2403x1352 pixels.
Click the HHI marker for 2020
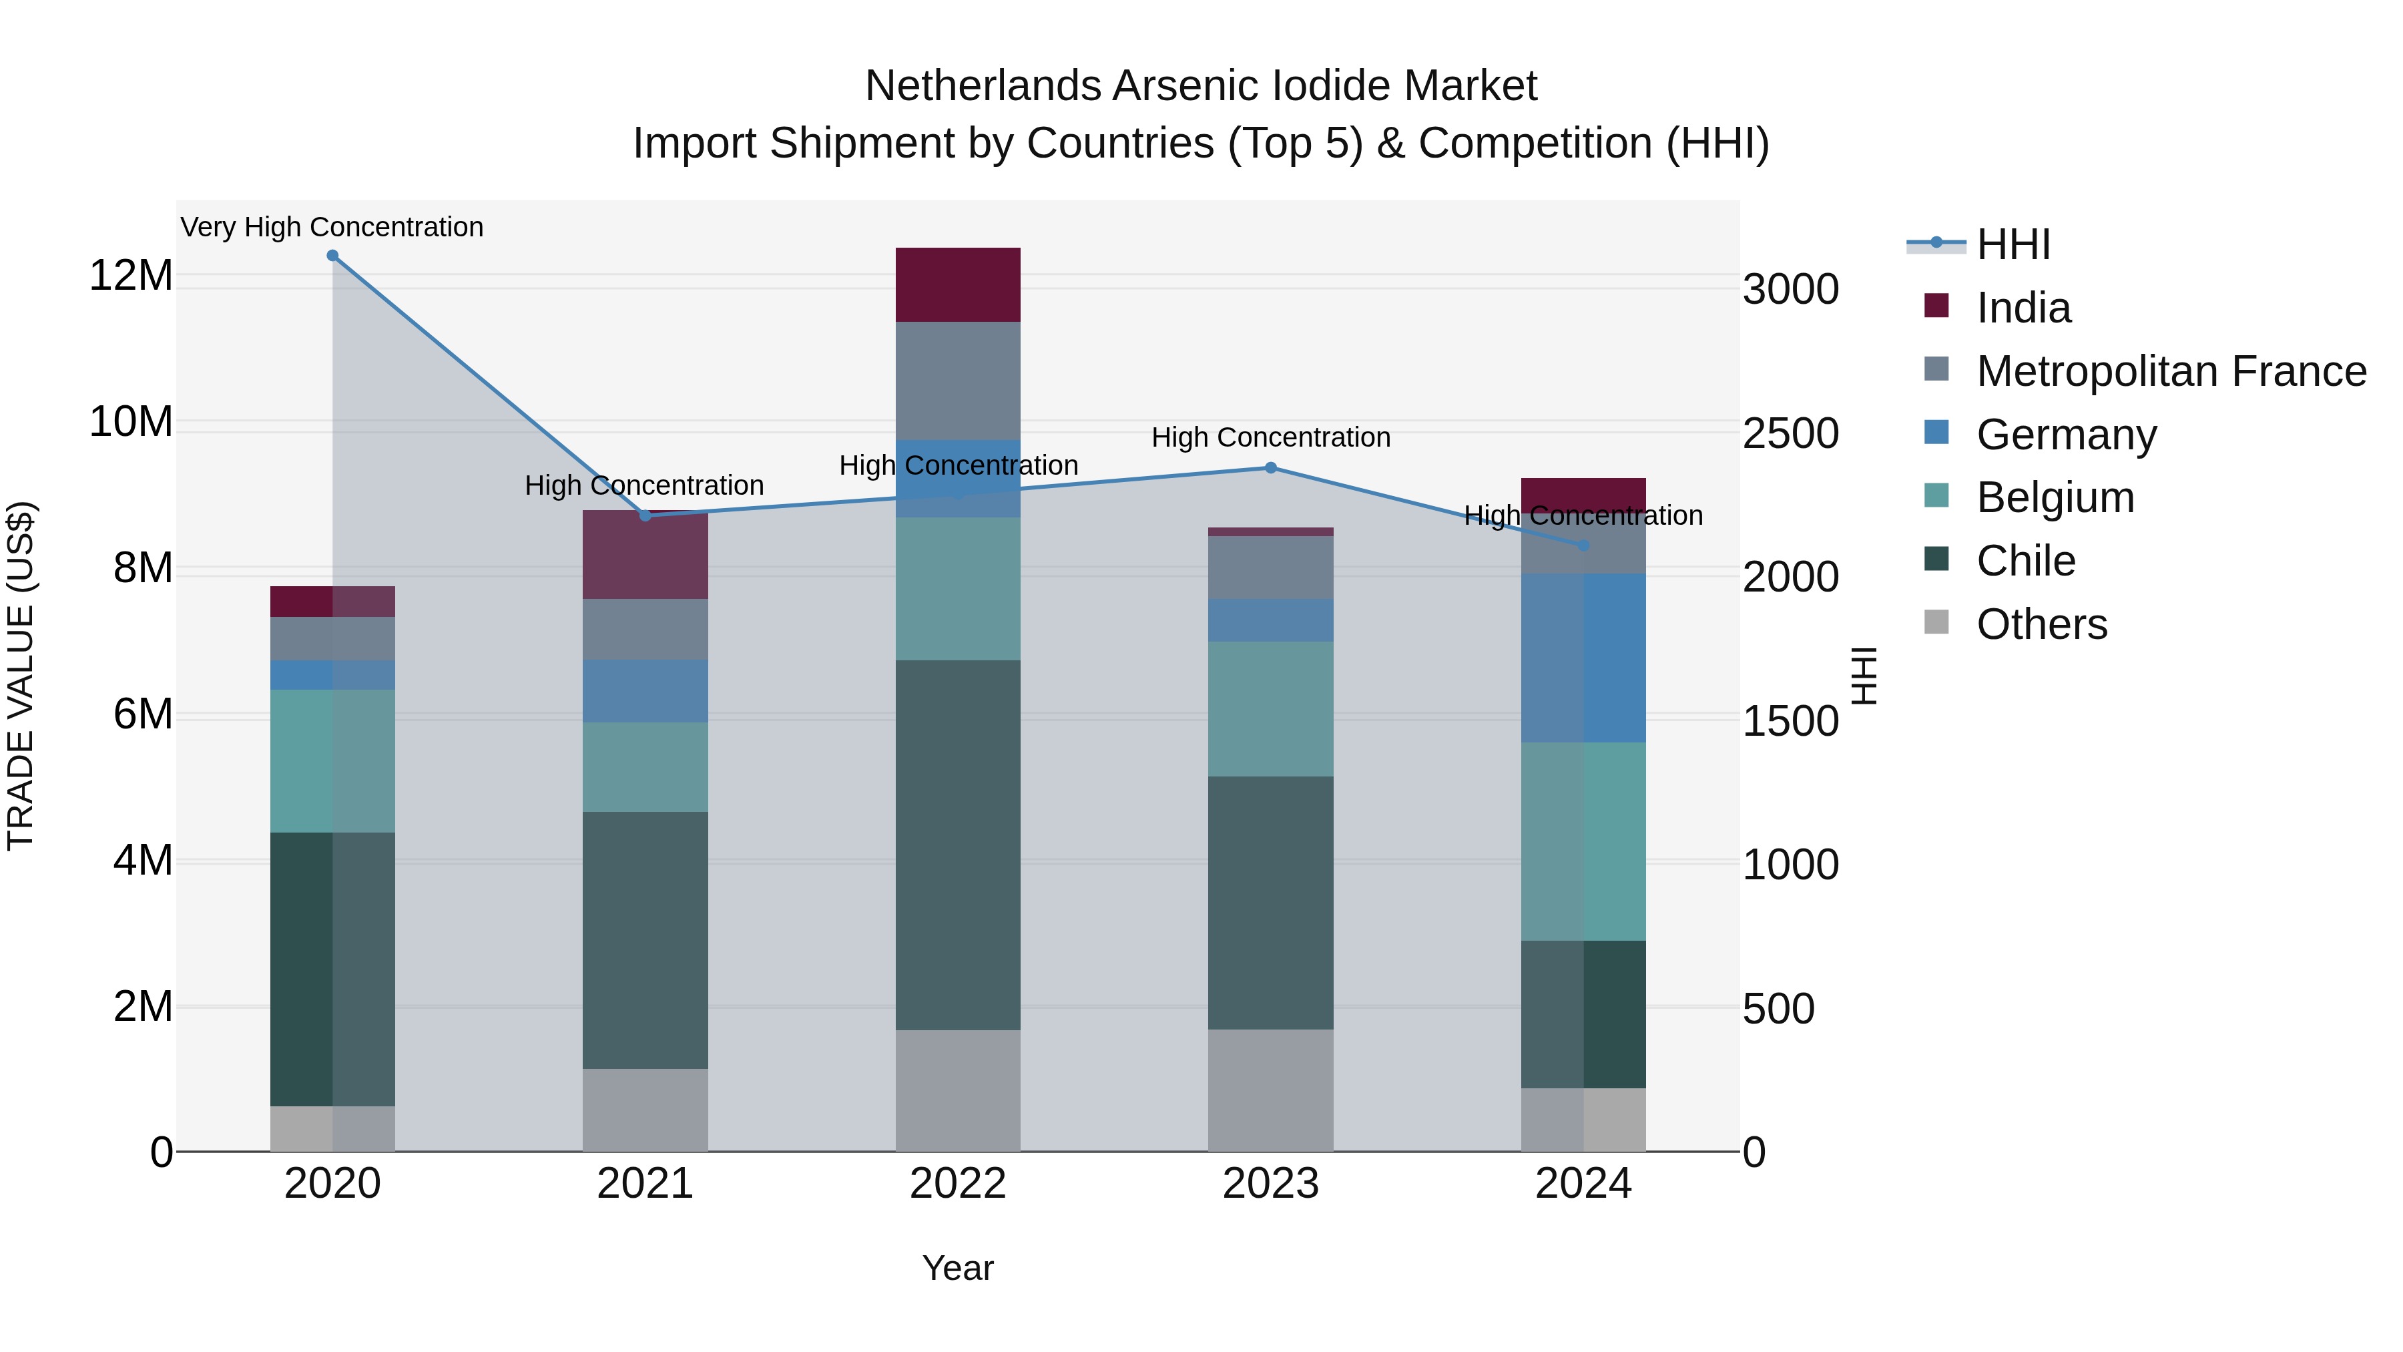pyautogui.click(x=332, y=256)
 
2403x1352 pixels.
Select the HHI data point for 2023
pyautogui.click(x=1270, y=467)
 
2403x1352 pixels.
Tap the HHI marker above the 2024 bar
pyautogui.click(x=1583, y=545)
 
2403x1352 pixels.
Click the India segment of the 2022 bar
pyautogui.click(x=957, y=284)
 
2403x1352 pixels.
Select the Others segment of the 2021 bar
pyautogui.click(x=645, y=1110)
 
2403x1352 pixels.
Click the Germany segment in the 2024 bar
pyautogui.click(x=1583, y=658)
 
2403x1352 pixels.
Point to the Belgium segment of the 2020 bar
pyautogui.click(x=332, y=760)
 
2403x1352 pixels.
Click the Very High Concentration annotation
pyautogui.click(x=332, y=227)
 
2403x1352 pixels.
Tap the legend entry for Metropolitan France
pyautogui.click(x=2171, y=371)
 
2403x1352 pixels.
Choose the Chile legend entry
pyautogui.click(x=2025, y=561)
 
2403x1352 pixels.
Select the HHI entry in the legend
pyautogui.click(x=2013, y=244)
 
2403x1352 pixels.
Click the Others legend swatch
pyautogui.click(x=1936, y=622)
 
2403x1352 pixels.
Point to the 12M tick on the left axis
pyautogui.click(x=131, y=276)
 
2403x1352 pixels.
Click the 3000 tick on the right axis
pyautogui.click(x=1791, y=289)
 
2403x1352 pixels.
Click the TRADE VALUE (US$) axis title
pyautogui.click(x=21, y=676)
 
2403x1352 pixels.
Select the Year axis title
pyautogui.click(x=957, y=1268)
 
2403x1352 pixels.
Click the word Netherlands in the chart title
pyautogui.click(x=983, y=86)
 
